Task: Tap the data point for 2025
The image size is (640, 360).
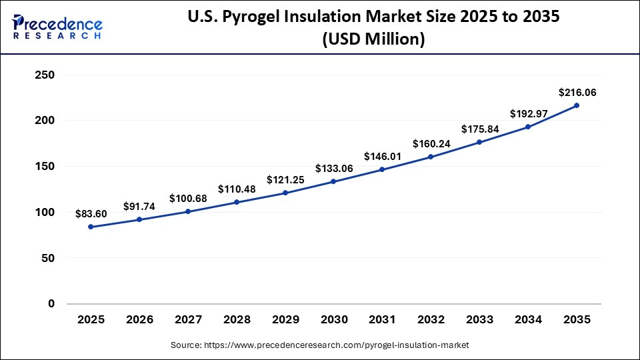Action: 91,227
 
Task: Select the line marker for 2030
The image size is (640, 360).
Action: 333,181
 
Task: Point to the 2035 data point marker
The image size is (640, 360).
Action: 577,105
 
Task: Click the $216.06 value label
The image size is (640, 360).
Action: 577,93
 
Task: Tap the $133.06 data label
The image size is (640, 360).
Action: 333,167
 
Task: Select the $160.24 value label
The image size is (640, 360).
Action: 431,143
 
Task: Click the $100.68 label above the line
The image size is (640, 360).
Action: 188,198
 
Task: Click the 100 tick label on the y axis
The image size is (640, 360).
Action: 43,212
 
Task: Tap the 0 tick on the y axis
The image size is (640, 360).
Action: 51,303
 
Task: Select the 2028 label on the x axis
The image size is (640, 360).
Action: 237,320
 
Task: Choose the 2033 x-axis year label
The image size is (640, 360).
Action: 479,320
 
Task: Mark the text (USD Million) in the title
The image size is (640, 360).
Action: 373,39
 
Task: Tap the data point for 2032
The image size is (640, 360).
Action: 431,157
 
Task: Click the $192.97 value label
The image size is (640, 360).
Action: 528,114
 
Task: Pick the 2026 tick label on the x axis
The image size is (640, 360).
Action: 139,320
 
